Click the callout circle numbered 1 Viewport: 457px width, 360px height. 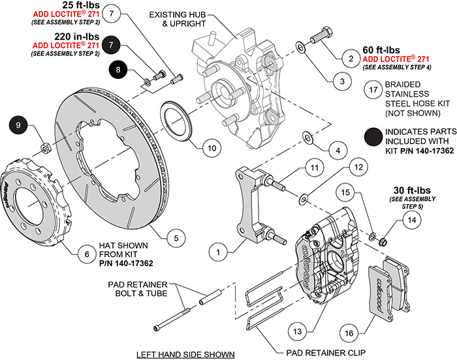[219, 249]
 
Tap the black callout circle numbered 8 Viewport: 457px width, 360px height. [118, 70]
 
